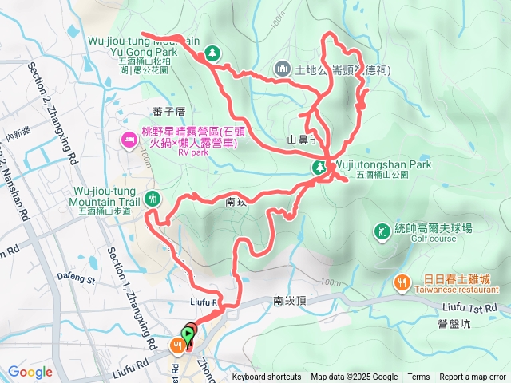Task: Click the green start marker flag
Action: (x=188, y=334)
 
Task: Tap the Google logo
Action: (x=30, y=372)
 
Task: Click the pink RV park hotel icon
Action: (x=129, y=141)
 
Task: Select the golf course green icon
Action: (x=382, y=231)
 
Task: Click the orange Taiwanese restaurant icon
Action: (x=402, y=282)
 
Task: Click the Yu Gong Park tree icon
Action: (x=212, y=53)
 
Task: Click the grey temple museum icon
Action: (x=281, y=69)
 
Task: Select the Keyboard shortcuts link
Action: (x=267, y=377)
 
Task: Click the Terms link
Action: (x=418, y=377)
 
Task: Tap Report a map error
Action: (x=473, y=377)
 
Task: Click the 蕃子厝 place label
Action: (x=168, y=111)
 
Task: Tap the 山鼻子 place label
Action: (x=303, y=140)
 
